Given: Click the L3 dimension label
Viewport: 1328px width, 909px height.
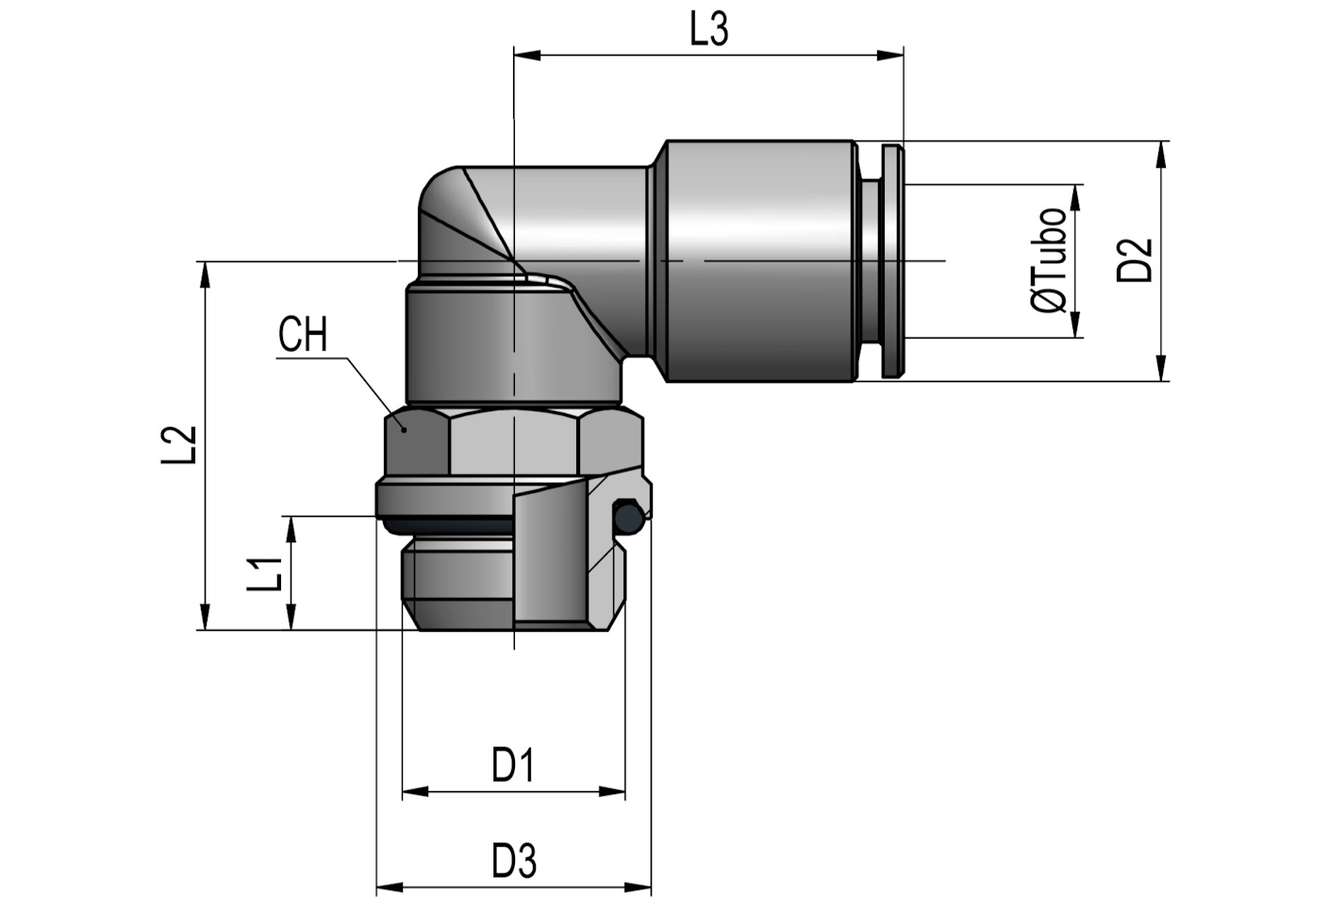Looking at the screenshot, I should click(709, 30).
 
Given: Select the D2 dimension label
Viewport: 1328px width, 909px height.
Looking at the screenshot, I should click(1135, 260).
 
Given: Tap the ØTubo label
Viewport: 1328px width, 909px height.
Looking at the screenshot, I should click(1050, 260).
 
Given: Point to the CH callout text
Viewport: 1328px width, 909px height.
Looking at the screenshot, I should click(303, 336).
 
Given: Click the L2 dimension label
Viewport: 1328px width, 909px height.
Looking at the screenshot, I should click(178, 445).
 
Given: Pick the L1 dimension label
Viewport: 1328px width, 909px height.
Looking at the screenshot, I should click(265, 573).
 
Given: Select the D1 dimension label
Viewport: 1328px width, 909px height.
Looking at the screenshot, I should click(513, 765).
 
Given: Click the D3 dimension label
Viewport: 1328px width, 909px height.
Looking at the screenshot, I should click(514, 861).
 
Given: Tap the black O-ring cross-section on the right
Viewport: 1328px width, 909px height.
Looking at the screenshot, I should click(627, 516).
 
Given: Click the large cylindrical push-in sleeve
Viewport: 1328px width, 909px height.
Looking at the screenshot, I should click(759, 260).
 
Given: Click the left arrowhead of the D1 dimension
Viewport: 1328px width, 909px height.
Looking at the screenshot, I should click(414, 792).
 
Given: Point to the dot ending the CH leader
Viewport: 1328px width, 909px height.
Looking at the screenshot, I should click(404, 428).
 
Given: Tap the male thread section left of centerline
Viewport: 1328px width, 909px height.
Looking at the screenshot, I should click(457, 581).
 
